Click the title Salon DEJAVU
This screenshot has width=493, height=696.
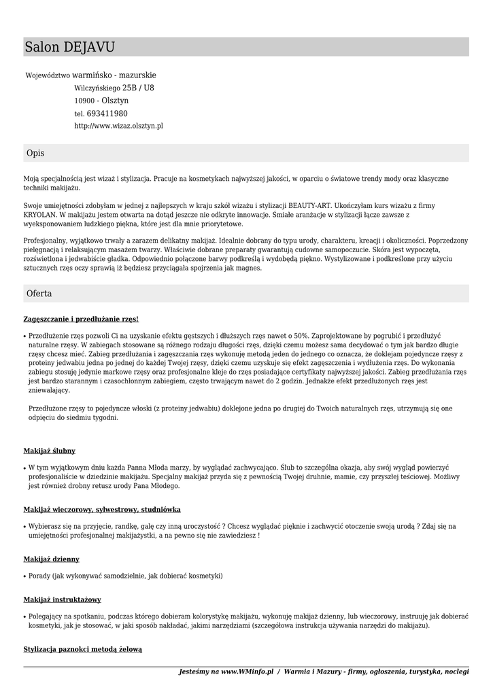click(70, 47)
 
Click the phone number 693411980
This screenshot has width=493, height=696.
click(107, 114)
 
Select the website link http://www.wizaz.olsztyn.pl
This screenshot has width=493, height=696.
click(118, 126)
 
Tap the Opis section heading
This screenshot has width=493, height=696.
click(35, 154)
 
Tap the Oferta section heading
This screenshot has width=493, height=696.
click(39, 294)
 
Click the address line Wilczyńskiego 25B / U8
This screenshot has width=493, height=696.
click(114, 88)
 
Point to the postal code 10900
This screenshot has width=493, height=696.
click(84, 101)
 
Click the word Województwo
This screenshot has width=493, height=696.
click(48, 75)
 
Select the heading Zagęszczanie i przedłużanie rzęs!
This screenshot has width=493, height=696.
click(81, 319)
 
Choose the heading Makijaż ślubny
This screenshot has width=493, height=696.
click(50, 451)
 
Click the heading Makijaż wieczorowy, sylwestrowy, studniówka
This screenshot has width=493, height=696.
click(102, 509)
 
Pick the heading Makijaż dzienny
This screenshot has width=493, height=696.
click(52, 559)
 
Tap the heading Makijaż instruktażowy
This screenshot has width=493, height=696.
click(63, 599)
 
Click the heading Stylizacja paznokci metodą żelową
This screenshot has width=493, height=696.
click(83, 649)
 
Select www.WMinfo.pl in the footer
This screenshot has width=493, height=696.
click(247, 672)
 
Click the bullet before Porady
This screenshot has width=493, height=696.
click(25, 576)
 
